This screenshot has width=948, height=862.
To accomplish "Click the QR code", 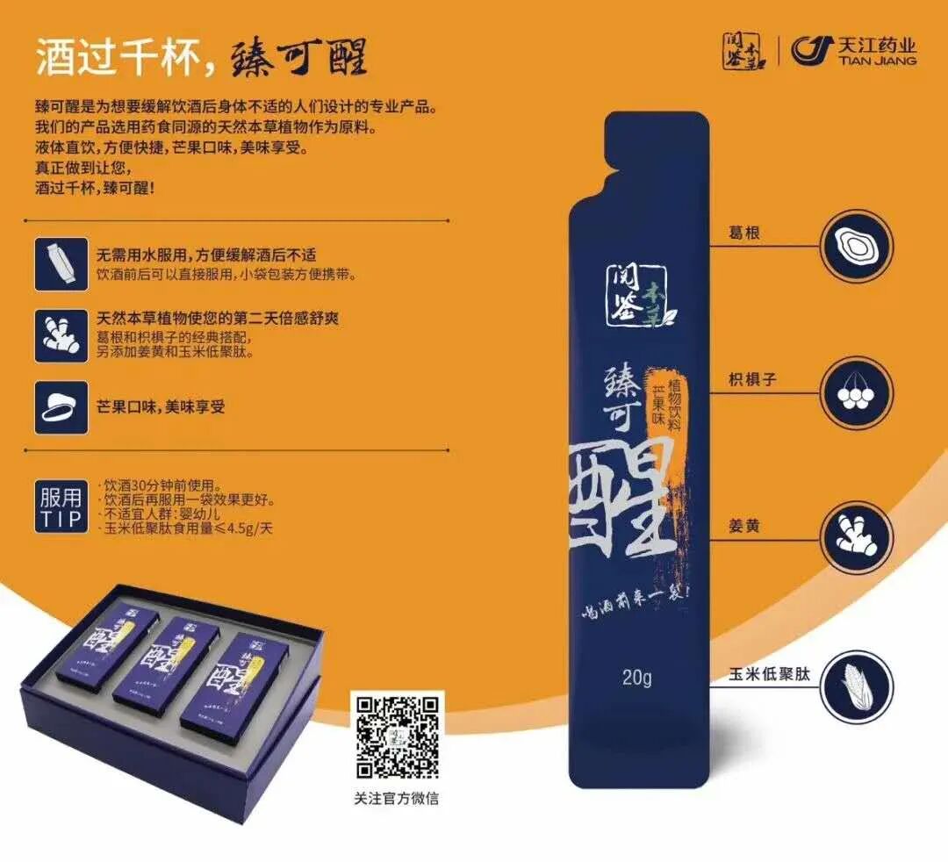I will click(397, 736).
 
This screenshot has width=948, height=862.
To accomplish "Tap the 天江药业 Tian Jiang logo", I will click(853, 51).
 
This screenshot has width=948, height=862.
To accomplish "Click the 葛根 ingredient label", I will click(743, 234).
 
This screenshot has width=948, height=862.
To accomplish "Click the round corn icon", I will click(854, 686).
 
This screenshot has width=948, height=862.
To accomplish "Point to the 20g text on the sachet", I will click(636, 677).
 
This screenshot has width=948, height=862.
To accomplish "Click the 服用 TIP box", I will click(61, 507).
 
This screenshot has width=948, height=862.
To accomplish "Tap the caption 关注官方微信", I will click(397, 798).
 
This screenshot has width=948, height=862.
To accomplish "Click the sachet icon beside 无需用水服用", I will click(61, 263).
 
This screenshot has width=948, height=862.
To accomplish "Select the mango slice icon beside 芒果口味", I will click(61, 406).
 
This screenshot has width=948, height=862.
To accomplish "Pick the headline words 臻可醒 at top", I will click(298, 58).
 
